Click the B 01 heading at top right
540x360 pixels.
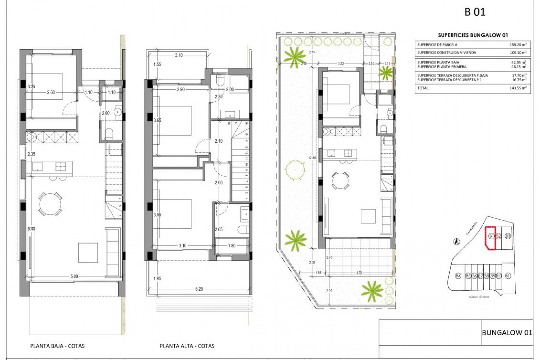click(475, 12)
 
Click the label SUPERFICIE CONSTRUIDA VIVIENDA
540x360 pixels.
click(447, 53)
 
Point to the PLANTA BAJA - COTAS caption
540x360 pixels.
click(57, 346)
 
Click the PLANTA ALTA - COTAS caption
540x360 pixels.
click(187, 346)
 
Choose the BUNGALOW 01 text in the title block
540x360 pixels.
click(507, 332)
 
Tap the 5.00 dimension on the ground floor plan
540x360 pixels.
click(74, 276)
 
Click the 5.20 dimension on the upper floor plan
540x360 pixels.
click(199, 289)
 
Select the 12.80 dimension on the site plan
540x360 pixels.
click(312, 158)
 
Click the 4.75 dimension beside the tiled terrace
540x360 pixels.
click(359, 273)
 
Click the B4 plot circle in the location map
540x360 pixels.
click(458, 276)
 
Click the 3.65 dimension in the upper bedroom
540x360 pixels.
click(157, 120)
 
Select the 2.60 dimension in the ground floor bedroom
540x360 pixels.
click(51, 92)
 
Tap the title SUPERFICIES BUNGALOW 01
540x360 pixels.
click(473, 35)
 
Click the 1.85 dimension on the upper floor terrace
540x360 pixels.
click(157, 278)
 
